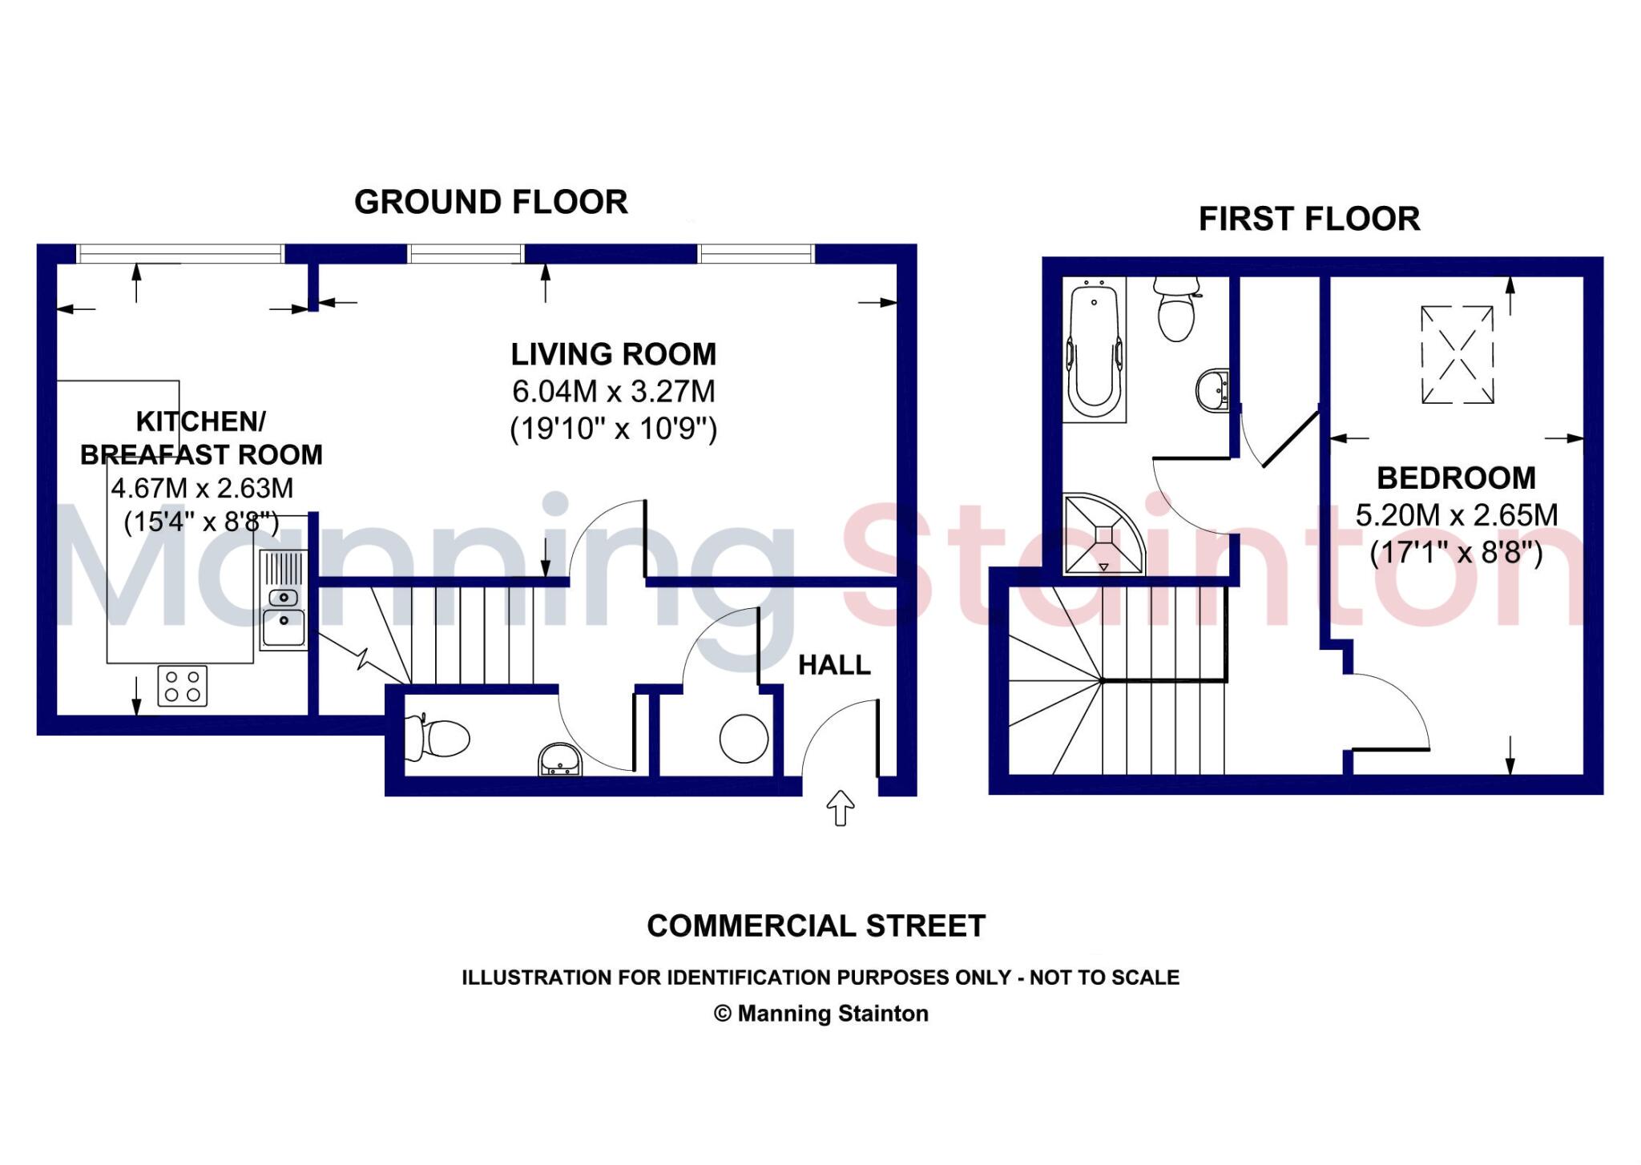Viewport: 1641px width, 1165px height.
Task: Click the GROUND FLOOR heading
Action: [490, 202]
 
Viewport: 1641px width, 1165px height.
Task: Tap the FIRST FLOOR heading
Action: [1309, 219]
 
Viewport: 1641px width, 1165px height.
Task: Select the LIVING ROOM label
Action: [613, 354]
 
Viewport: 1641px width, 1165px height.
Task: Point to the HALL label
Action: [834, 665]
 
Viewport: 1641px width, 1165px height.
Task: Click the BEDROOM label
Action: [1456, 478]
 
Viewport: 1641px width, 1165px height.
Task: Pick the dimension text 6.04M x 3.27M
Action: [613, 392]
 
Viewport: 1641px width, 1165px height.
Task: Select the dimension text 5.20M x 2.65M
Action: [1456, 515]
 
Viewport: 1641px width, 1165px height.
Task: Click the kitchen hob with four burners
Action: [182, 686]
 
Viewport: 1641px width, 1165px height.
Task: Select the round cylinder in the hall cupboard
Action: [744, 738]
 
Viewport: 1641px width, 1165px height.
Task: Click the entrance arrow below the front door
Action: [840, 807]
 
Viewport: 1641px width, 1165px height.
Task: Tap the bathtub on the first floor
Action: [1094, 349]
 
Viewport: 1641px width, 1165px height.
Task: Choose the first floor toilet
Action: [1176, 308]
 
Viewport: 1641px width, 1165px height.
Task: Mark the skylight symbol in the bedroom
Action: [1457, 354]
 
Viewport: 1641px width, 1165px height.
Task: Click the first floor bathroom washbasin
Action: [1213, 391]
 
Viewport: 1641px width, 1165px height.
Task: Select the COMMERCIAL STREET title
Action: [816, 926]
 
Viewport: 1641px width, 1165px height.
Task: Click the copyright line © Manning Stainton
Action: [820, 1014]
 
